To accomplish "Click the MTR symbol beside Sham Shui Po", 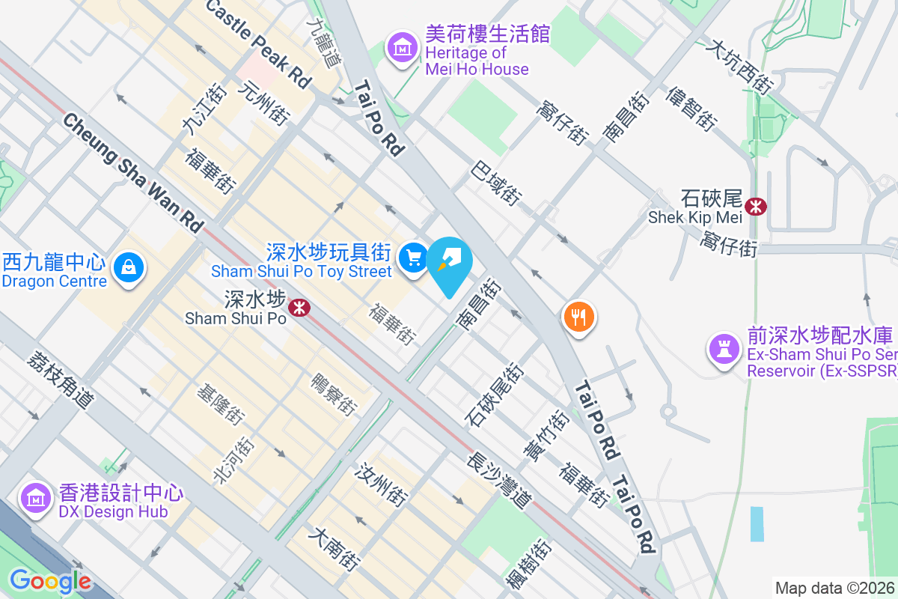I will pyautogui.click(x=299, y=307).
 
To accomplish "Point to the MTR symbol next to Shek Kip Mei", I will pyautogui.click(x=756, y=205).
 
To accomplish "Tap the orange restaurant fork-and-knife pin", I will pyautogui.click(x=578, y=317).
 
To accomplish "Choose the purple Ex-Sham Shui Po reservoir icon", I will pyautogui.click(x=724, y=350).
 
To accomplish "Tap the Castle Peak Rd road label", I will pyautogui.click(x=257, y=42).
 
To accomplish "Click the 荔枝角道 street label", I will pyautogui.click(x=59, y=380).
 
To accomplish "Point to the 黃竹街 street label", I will pyautogui.click(x=546, y=435).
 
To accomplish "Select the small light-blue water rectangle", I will pyautogui.click(x=757, y=524).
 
